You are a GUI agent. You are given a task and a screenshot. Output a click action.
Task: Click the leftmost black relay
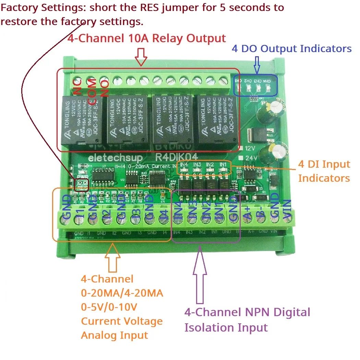[x=81, y=120]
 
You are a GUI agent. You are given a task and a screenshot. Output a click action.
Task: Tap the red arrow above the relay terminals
[x=141, y=56]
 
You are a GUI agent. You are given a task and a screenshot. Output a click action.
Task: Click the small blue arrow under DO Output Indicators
[x=257, y=64]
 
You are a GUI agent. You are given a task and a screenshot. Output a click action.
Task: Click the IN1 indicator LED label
[x=223, y=165]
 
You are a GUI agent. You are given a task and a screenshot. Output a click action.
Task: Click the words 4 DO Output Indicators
[x=291, y=49]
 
